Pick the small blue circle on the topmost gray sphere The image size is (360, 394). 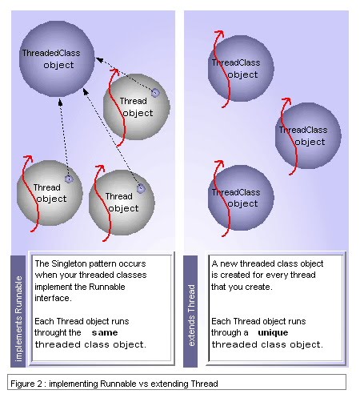[x=155, y=93]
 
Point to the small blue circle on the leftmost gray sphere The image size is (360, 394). [x=69, y=179]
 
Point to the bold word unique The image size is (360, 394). [x=272, y=332]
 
